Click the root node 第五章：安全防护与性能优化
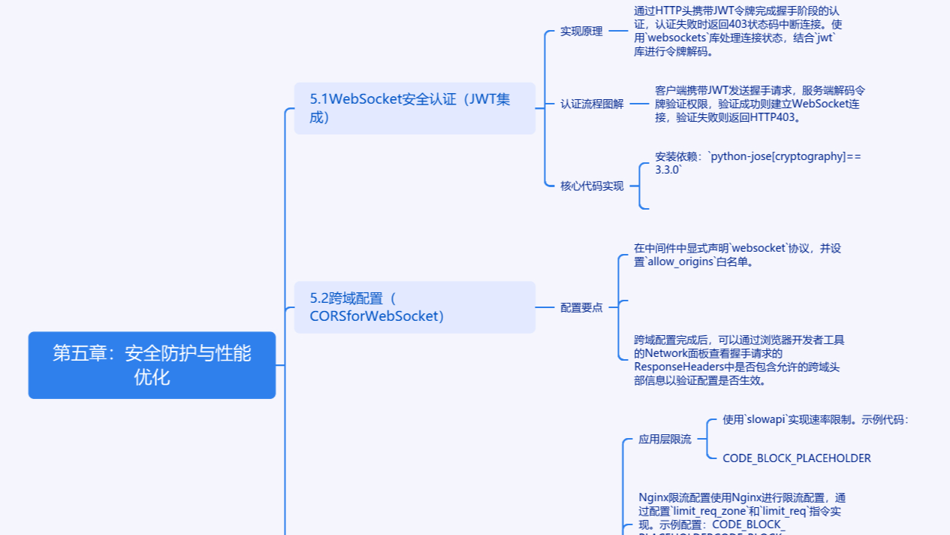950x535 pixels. point(152,365)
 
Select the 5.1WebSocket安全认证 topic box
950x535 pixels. point(415,108)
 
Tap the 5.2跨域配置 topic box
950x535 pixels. point(415,307)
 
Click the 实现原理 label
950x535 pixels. point(581,32)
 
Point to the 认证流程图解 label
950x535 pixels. point(592,104)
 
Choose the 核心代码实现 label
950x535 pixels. point(592,186)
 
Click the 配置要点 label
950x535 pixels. point(581,307)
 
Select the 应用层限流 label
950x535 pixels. point(665,440)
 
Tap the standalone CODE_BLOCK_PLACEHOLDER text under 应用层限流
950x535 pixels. point(797,458)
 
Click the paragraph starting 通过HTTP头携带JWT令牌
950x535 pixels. point(736,32)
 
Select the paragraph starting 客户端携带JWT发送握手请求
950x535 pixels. point(760,104)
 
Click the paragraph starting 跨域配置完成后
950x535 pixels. point(739,361)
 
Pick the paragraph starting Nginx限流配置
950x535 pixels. point(743,511)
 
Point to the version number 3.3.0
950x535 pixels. point(668,171)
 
